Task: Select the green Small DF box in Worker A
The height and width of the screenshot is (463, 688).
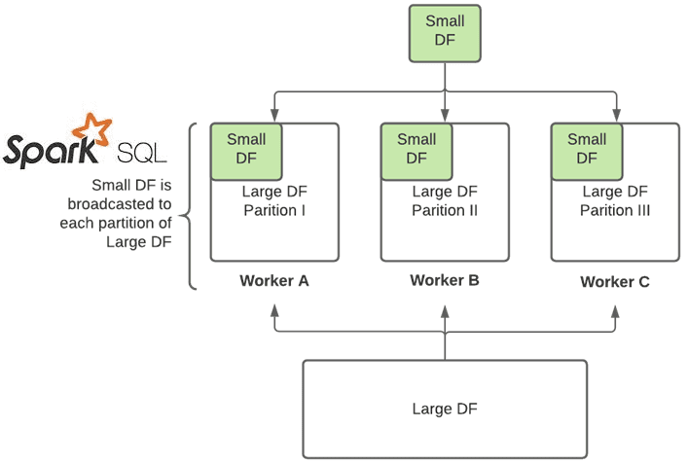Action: pos(245,151)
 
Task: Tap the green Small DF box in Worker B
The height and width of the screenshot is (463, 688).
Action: pos(416,151)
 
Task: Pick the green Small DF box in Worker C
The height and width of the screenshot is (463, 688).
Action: pos(587,151)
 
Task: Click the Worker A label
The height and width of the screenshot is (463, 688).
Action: pos(274,281)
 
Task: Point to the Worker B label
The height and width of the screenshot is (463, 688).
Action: pos(445,280)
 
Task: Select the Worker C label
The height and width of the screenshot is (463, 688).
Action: pos(615,281)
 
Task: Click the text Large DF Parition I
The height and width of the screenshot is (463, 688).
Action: pos(275,201)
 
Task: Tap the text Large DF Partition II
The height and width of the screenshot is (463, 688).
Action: pos(445,201)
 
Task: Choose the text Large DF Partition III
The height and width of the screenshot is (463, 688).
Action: pos(615,201)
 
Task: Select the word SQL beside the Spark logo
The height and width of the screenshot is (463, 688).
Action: pos(141,153)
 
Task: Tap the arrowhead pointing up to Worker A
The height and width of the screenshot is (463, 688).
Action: pos(274,310)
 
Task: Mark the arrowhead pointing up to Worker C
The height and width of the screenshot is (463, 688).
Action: pos(615,310)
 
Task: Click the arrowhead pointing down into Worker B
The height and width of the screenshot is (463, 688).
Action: pos(445,115)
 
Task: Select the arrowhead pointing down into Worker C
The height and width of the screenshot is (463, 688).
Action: pos(615,115)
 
